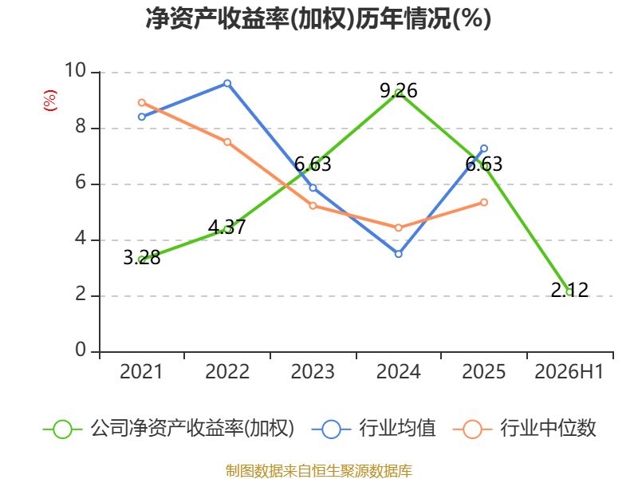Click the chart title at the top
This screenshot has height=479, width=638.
318,18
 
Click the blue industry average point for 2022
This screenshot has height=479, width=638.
227,84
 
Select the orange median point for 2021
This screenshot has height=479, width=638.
142,103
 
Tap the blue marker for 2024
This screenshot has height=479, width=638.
398,254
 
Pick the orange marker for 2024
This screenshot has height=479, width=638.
398,228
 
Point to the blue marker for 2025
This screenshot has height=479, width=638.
484,148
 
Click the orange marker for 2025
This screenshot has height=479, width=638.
484,203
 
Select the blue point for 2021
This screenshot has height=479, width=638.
142,117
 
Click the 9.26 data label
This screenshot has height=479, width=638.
398,90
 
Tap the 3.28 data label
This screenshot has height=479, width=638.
142,257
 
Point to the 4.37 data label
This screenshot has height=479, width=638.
227,227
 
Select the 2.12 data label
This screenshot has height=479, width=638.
569,290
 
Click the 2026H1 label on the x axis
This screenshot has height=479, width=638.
569,371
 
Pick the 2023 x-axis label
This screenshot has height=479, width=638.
313,371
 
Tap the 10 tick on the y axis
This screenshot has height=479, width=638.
76,70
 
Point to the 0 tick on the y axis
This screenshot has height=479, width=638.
81,350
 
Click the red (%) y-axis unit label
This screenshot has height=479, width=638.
50,101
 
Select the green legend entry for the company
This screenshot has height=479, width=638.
168,429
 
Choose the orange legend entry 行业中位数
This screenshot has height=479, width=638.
524,429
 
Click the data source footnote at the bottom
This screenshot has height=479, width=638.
318,471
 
